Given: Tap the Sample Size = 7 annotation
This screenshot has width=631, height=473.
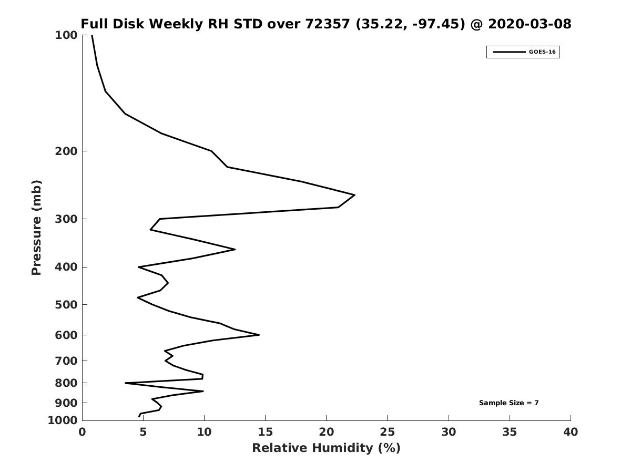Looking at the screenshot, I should pyautogui.click(x=508, y=403).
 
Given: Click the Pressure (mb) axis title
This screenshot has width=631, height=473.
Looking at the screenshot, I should pyautogui.click(x=36, y=228).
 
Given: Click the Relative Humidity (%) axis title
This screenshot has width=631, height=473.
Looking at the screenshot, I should pyautogui.click(x=326, y=448).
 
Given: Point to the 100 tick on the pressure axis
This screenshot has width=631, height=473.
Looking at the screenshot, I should pyautogui.click(x=66, y=35).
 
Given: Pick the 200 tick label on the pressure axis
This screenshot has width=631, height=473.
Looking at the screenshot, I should pyautogui.click(x=66, y=151).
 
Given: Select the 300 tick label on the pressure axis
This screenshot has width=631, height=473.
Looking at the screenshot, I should pyautogui.click(x=66, y=219).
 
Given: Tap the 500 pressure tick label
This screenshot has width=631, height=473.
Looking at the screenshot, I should pyautogui.click(x=66, y=305).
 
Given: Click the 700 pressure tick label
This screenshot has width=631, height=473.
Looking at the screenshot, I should pyautogui.click(x=66, y=361).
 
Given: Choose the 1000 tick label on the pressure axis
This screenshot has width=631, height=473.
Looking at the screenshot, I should pyautogui.click(x=63, y=420).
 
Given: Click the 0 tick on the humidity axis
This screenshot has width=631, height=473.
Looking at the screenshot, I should pyautogui.click(x=82, y=432).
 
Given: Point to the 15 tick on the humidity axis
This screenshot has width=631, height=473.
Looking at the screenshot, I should pyautogui.click(x=265, y=432).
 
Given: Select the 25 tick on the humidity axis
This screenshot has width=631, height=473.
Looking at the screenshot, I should pyautogui.click(x=387, y=432).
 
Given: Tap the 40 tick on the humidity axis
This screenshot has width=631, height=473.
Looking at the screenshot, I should pyautogui.click(x=570, y=432).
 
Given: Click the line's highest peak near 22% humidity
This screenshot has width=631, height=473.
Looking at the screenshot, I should pyautogui.click(x=354, y=195).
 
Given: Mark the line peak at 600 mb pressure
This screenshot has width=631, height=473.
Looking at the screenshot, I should pyautogui.click(x=259, y=335).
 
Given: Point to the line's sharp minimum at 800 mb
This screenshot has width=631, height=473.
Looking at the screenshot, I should pyautogui.click(x=126, y=383).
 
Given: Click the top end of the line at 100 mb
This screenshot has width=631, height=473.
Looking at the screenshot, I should pyautogui.click(x=92, y=36).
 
